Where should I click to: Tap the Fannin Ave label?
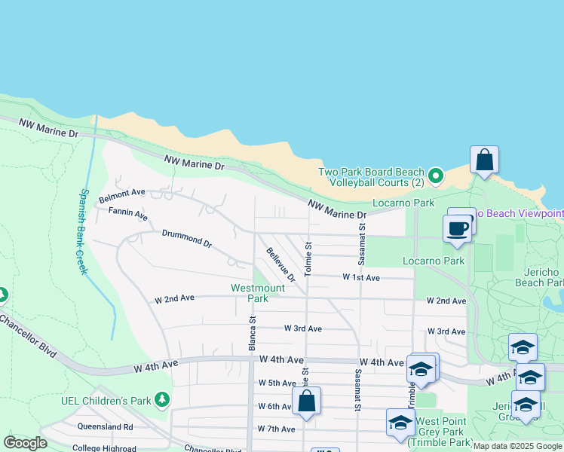127,213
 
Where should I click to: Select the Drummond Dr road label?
187,239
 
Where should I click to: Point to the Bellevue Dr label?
280,262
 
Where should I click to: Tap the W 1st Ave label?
361,277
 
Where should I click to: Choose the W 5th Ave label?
277,383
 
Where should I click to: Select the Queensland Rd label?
105,426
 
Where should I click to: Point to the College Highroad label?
105,447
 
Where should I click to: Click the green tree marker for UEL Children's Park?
161,398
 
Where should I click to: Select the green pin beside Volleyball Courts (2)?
435,177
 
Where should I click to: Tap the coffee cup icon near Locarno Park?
456,227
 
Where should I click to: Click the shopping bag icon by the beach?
484,160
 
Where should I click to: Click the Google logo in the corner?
26,443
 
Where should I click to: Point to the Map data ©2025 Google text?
517,447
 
